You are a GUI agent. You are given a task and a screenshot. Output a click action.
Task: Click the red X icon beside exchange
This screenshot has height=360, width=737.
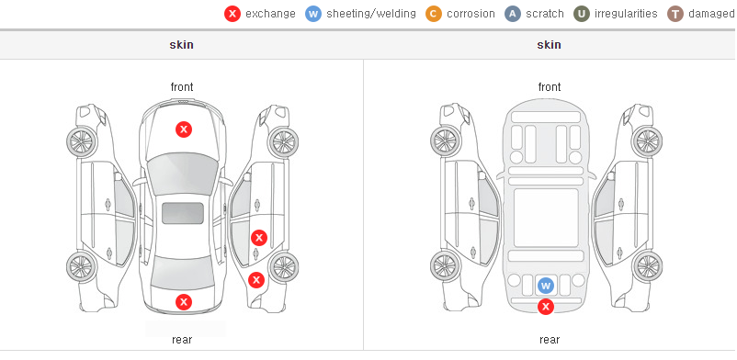point(232,14)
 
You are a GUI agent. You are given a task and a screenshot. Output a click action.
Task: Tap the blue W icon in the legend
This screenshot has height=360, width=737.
point(313,14)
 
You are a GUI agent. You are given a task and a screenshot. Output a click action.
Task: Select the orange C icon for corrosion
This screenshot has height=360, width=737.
point(434,14)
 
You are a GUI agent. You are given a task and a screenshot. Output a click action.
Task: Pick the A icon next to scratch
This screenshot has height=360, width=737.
point(513,14)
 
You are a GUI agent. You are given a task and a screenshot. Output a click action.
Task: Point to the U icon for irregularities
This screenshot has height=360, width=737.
point(582,14)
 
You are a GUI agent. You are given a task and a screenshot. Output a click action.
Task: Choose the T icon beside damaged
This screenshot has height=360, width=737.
point(675,14)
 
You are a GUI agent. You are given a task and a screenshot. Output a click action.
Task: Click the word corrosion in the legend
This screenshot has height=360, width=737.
point(471,14)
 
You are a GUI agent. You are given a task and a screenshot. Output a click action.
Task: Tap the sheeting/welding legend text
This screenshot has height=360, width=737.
point(371,14)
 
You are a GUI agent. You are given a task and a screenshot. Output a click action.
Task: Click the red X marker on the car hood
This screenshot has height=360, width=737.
point(184,129)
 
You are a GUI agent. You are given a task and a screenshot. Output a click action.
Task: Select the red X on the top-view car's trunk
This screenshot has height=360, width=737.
point(184,302)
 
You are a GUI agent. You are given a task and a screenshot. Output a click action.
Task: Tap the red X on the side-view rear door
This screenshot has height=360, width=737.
point(259,238)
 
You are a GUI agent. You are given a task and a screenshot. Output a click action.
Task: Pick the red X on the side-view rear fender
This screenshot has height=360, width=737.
point(256,281)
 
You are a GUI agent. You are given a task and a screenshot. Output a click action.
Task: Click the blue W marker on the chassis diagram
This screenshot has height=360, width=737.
point(546,286)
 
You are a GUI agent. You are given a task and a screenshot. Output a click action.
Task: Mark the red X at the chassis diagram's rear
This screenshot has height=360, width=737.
point(546,307)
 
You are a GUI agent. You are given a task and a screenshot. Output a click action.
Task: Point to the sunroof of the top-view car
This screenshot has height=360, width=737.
point(183,213)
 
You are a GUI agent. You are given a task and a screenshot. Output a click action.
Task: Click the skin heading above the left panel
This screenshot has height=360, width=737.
point(181,45)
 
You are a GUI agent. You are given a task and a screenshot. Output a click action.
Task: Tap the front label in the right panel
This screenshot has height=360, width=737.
point(550,87)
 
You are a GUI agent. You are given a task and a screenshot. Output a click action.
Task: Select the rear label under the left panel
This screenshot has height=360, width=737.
point(182,340)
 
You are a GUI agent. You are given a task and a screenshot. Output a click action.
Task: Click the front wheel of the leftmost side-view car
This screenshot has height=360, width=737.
point(81,141)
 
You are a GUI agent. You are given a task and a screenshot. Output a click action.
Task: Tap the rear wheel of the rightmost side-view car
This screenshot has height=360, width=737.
point(647,266)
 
